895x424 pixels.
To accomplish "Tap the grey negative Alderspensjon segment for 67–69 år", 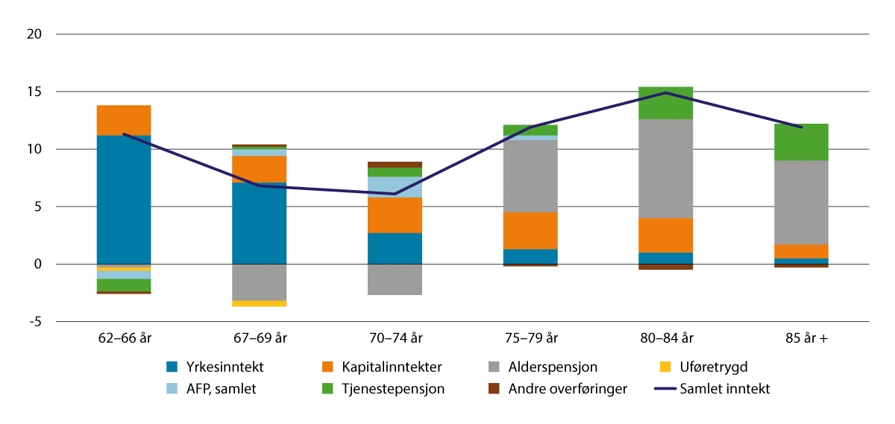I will point(259,282).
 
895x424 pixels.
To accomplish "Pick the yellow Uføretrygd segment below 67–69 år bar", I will point(259,304).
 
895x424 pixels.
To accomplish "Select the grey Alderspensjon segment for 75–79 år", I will point(530,177).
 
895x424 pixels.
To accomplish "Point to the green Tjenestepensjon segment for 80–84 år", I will point(666,103).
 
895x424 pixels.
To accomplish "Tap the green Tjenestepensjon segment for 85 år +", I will point(801,142).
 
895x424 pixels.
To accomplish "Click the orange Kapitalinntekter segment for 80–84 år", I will point(666,235).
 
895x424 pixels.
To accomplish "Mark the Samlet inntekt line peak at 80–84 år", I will point(666,93).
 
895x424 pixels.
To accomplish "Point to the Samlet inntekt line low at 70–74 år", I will point(395,194).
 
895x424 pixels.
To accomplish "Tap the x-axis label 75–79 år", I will point(530,338).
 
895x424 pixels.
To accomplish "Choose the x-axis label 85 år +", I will point(801,338).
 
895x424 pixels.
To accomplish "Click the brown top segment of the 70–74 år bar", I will point(395,165).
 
